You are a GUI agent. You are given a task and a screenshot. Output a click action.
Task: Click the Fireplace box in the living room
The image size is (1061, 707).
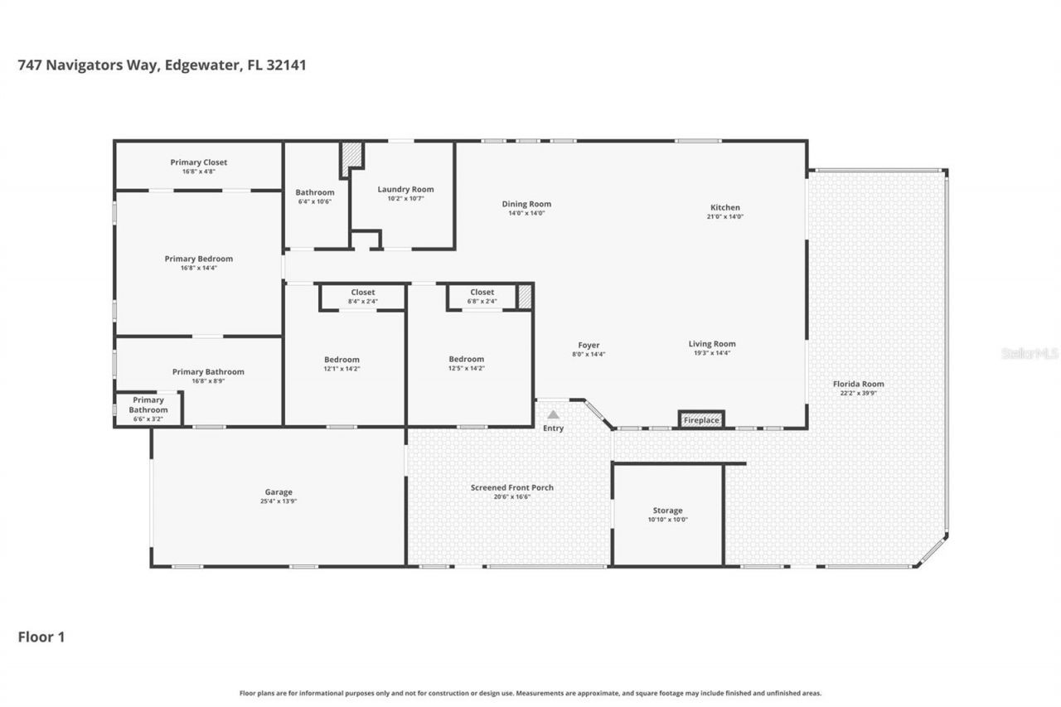pyautogui.click(x=701, y=420)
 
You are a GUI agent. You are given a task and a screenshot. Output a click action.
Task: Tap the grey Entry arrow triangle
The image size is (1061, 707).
pyautogui.click(x=553, y=414)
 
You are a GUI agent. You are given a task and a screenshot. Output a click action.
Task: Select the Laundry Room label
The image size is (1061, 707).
pyautogui.click(x=405, y=189)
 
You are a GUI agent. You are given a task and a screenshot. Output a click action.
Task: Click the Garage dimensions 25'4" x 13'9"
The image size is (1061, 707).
pyautogui.click(x=279, y=501)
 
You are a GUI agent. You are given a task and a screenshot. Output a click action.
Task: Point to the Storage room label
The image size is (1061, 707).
pyautogui.click(x=667, y=511)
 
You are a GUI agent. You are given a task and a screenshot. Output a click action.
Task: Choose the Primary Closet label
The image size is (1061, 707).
pyautogui.click(x=199, y=162)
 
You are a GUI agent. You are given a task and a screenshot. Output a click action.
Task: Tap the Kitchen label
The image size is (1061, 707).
pyautogui.click(x=725, y=207)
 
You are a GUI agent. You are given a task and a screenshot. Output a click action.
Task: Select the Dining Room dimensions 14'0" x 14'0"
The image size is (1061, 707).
pyautogui.click(x=526, y=214)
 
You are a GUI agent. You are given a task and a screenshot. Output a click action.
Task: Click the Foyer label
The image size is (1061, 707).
pyautogui.click(x=589, y=345)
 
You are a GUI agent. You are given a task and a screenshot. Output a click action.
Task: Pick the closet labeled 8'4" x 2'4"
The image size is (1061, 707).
pyautogui.click(x=363, y=297)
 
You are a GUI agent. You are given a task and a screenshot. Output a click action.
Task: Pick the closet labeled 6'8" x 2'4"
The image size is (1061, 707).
pyautogui.click(x=482, y=297)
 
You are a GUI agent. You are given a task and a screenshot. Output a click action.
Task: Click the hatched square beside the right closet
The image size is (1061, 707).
pyautogui.click(x=525, y=297)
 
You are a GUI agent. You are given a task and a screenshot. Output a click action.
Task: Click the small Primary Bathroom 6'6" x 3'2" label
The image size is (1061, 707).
pyautogui.click(x=148, y=409)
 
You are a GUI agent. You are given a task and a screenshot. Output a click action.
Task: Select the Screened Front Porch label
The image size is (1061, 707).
pyautogui.click(x=511, y=487)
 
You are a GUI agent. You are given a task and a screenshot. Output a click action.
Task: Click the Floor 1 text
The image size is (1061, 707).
pyautogui.click(x=41, y=637)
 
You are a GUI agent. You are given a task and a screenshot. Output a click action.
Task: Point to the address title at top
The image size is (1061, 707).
pyautogui.click(x=162, y=65)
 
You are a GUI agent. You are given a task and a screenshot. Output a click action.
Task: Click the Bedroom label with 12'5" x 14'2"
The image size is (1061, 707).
pyautogui.click(x=466, y=359)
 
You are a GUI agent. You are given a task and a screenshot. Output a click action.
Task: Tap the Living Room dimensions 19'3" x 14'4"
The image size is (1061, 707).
pyautogui.click(x=712, y=353)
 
